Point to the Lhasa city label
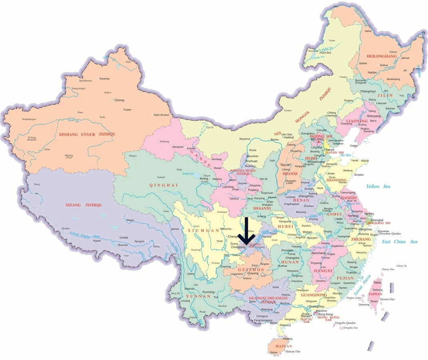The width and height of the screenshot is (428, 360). coord(123,238)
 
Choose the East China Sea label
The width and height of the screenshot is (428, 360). coord(399,242)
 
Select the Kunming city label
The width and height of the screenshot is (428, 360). coord(209,292)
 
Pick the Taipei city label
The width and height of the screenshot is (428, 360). coord(378,282)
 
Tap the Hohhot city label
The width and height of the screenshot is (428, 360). coord(289,137)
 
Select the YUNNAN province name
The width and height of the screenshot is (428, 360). coord(198,296)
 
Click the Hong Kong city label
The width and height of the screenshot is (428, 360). coord(325,314)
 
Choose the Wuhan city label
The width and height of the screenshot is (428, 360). coord(307,232)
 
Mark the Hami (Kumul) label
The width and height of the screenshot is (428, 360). coord(159,115)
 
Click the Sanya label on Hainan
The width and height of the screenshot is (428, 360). coord(273,352)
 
